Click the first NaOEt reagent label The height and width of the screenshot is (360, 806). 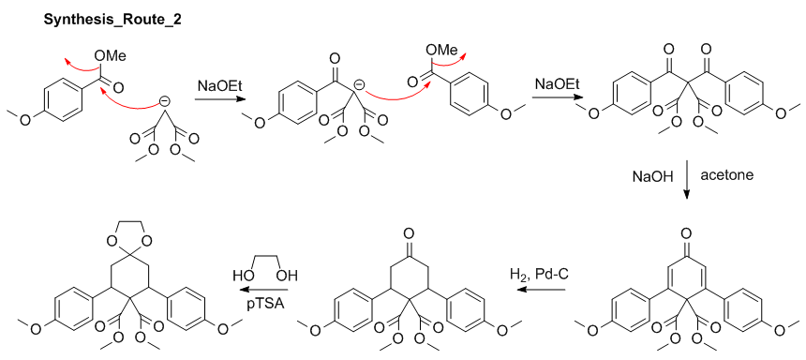click(220, 86)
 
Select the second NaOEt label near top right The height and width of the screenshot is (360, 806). click(557, 84)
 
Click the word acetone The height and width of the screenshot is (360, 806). click(724, 175)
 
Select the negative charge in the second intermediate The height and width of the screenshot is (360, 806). click(359, 92)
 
